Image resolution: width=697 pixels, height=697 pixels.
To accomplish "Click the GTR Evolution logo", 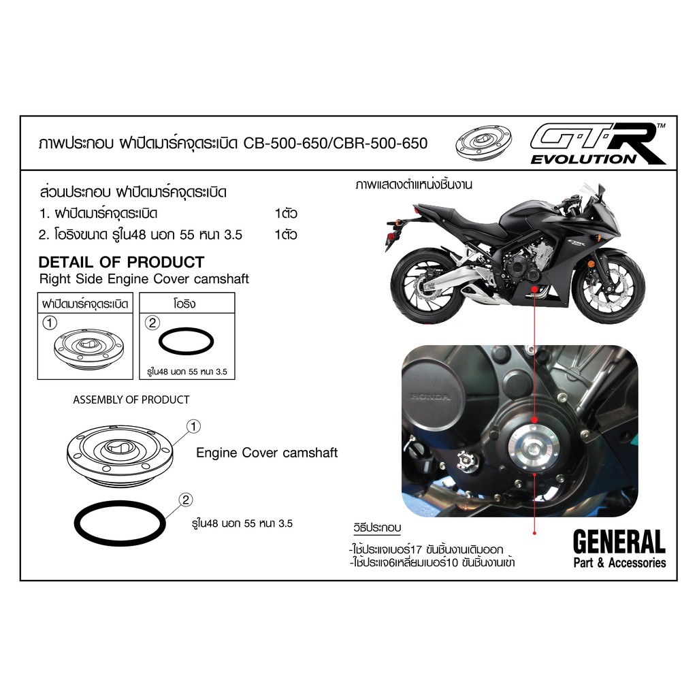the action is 598,144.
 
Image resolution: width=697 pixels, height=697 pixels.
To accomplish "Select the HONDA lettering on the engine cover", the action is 430,397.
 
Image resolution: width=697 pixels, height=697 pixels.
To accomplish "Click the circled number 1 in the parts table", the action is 50,323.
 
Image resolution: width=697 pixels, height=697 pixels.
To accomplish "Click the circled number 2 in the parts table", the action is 152,323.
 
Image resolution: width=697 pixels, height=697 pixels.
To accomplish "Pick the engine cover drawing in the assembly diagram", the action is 120,454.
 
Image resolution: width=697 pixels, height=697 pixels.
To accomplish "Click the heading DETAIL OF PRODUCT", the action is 121,262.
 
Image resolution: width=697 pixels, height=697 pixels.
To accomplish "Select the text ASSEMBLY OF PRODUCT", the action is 131,400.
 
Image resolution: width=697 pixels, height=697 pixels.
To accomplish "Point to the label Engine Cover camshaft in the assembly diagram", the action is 267,453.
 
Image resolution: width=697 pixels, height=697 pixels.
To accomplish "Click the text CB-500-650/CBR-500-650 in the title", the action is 336,143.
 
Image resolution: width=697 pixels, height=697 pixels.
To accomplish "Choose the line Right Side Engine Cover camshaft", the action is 144,278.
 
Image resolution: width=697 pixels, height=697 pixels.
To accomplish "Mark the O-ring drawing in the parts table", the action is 187,342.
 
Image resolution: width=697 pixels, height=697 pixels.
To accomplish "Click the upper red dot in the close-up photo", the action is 535,420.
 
